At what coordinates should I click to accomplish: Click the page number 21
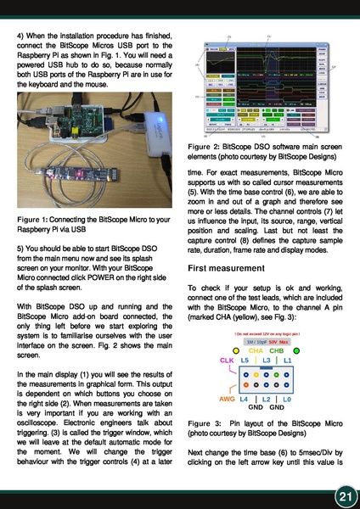343,492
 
